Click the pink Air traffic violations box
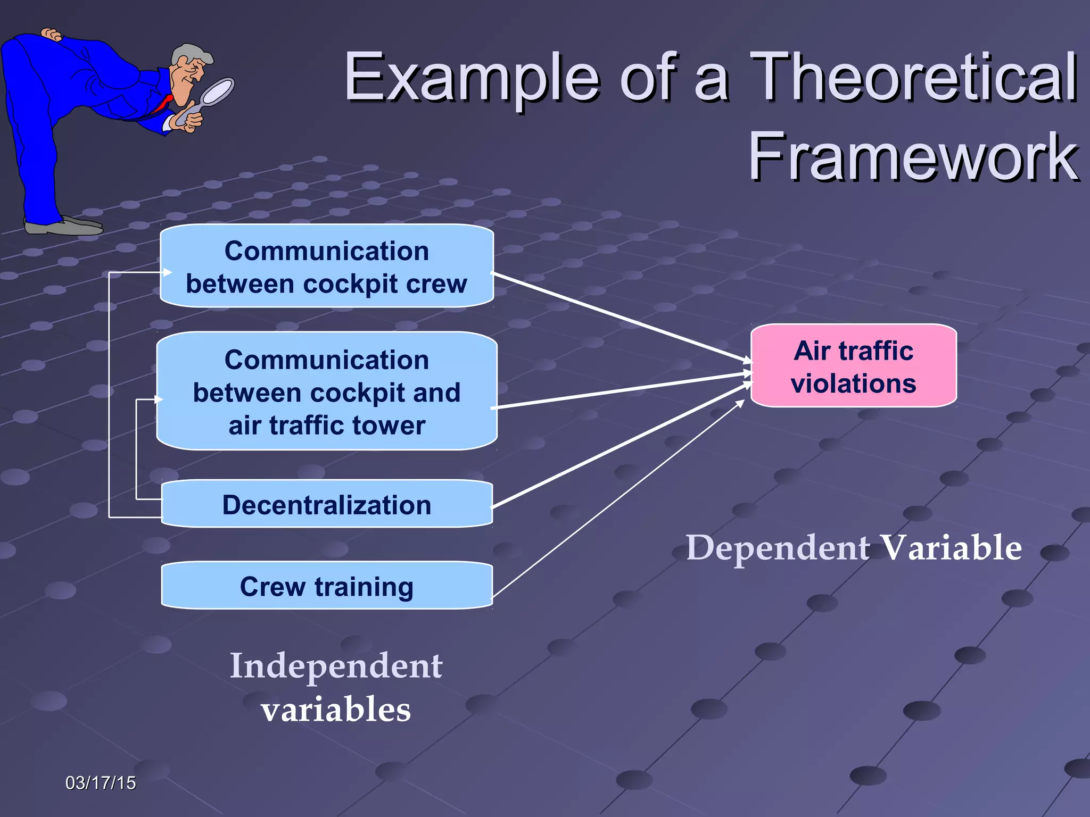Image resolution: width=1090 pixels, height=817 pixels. click(853, 366)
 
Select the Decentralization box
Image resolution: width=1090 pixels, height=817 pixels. click(326, 504)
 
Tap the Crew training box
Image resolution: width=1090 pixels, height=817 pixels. click(326, 586)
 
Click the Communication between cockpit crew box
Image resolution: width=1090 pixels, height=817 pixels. click(326, 266)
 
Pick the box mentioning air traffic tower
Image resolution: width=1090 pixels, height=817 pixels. click(326, 391)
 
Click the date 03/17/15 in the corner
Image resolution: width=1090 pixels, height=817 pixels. click(101, 782)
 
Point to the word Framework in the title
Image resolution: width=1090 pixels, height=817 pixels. click(912, 157)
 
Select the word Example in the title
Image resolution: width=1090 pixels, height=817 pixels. click(472, 77)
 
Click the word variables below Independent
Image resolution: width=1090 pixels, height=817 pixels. click(336, 709)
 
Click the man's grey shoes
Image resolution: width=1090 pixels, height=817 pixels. click(64, 226)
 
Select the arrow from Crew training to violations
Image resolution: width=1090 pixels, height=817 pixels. click(617, 500)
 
